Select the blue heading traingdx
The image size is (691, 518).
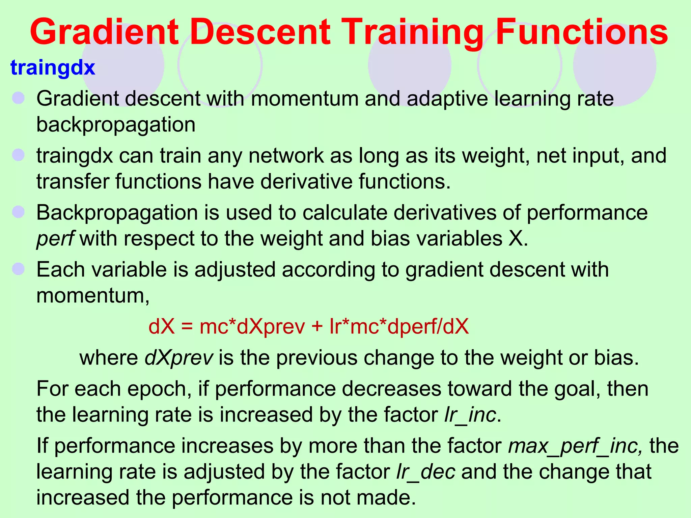coord(53,67)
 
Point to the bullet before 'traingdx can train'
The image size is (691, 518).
coord(19,155)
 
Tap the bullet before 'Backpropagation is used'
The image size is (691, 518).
coord(19,212)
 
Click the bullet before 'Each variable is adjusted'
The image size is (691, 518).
coord(19,269)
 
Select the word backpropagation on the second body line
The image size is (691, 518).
coord(116,125)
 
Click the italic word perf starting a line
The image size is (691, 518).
coord(55,239)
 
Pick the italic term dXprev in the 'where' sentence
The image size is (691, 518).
coord(179,357)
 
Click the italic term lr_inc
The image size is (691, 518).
coord(470,415)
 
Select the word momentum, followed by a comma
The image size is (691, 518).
coord(93,296)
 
